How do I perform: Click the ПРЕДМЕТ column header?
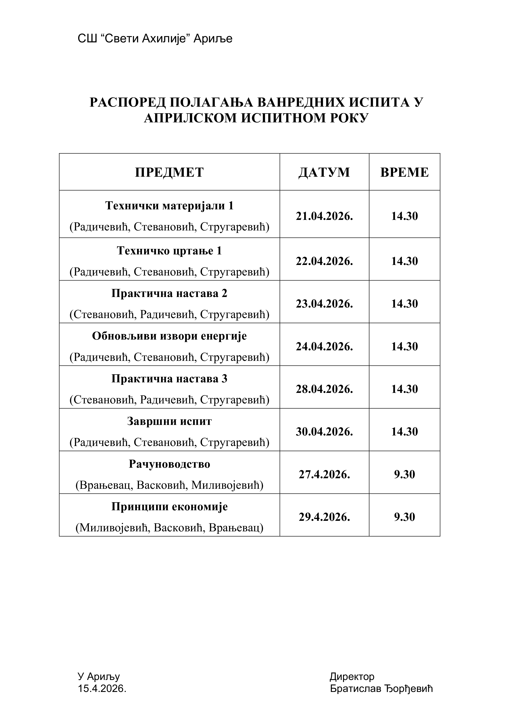pos(169,172)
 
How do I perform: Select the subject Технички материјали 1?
pos(169,206)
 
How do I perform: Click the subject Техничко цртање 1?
pos(169,251)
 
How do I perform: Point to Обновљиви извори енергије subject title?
pos(169,336)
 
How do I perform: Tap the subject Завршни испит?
pos(169,421)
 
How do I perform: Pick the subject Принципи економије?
pos(169,507)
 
